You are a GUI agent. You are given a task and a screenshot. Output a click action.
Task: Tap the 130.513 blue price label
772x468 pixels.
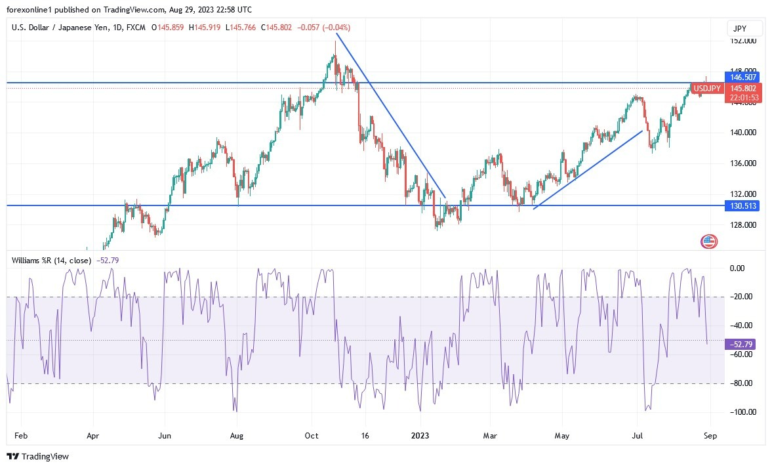pos(742,205)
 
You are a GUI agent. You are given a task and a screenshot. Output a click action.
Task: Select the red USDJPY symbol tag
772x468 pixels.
pos(708,88)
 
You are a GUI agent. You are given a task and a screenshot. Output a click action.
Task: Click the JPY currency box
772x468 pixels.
pos(744,28)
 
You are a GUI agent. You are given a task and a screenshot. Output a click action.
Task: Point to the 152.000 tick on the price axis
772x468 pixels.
pos(742,41)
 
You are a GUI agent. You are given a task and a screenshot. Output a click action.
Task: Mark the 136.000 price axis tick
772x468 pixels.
pos(742,163)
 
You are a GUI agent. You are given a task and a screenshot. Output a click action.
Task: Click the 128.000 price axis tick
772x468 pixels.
pos(742,224)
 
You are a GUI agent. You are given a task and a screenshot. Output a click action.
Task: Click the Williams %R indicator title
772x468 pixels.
pos(52,260)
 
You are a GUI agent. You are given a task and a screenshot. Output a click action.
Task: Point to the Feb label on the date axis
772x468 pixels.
pos(21,435)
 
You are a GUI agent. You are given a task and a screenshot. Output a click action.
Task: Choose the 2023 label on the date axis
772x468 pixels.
pos(421,435)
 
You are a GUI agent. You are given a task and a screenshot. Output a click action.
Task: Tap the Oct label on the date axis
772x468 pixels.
pos(312,435)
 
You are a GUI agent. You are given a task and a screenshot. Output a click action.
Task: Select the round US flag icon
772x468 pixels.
pos(709,241)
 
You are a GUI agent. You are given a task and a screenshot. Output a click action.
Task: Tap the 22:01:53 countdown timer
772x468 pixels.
pos(743,98)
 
